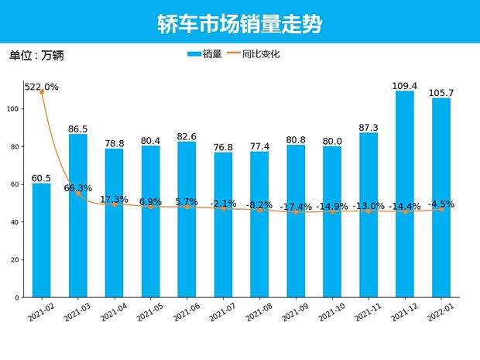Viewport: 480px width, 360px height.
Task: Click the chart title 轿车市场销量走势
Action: coord(239,23)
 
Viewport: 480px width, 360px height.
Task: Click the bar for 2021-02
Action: coord(42,240)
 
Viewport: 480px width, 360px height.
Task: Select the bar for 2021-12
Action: coord(405,194)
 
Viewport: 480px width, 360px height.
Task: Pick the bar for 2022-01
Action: coord(441,197)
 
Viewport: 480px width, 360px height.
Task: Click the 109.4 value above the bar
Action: coord(405,86)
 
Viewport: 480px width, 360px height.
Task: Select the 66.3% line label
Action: coord(78,188)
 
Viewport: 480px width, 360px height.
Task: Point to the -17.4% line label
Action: coord(296,207)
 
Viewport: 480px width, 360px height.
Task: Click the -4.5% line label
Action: coord(441,204)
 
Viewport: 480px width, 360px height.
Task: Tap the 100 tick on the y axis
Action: coord(14,109)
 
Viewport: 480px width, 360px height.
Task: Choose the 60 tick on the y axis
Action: coord(15,184)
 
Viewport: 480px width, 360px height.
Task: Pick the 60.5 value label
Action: coord(42,178)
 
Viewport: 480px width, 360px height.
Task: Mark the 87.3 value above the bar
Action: coord(369,128)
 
